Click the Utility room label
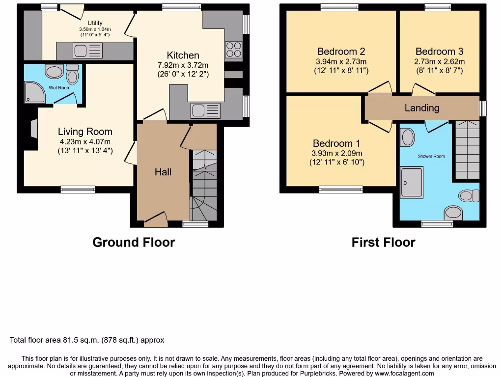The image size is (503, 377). click(x=95, y=23)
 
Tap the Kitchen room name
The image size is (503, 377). click(x=183, y=55)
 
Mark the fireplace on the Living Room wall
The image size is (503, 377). click(x=33, y=129)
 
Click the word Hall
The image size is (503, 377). click(x=163, y=172)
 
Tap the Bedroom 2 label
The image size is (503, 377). click(x=341, y=52)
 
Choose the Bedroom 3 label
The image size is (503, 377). click(x=439, y=52)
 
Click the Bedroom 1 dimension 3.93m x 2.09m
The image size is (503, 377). click(x=336, y=153)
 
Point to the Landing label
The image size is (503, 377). click(x=422, y=108)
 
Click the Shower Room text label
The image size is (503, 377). click(x=431, y=156)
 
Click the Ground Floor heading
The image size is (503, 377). click(x=134, y=242)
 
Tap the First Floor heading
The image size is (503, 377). click(x=383, y=242)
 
